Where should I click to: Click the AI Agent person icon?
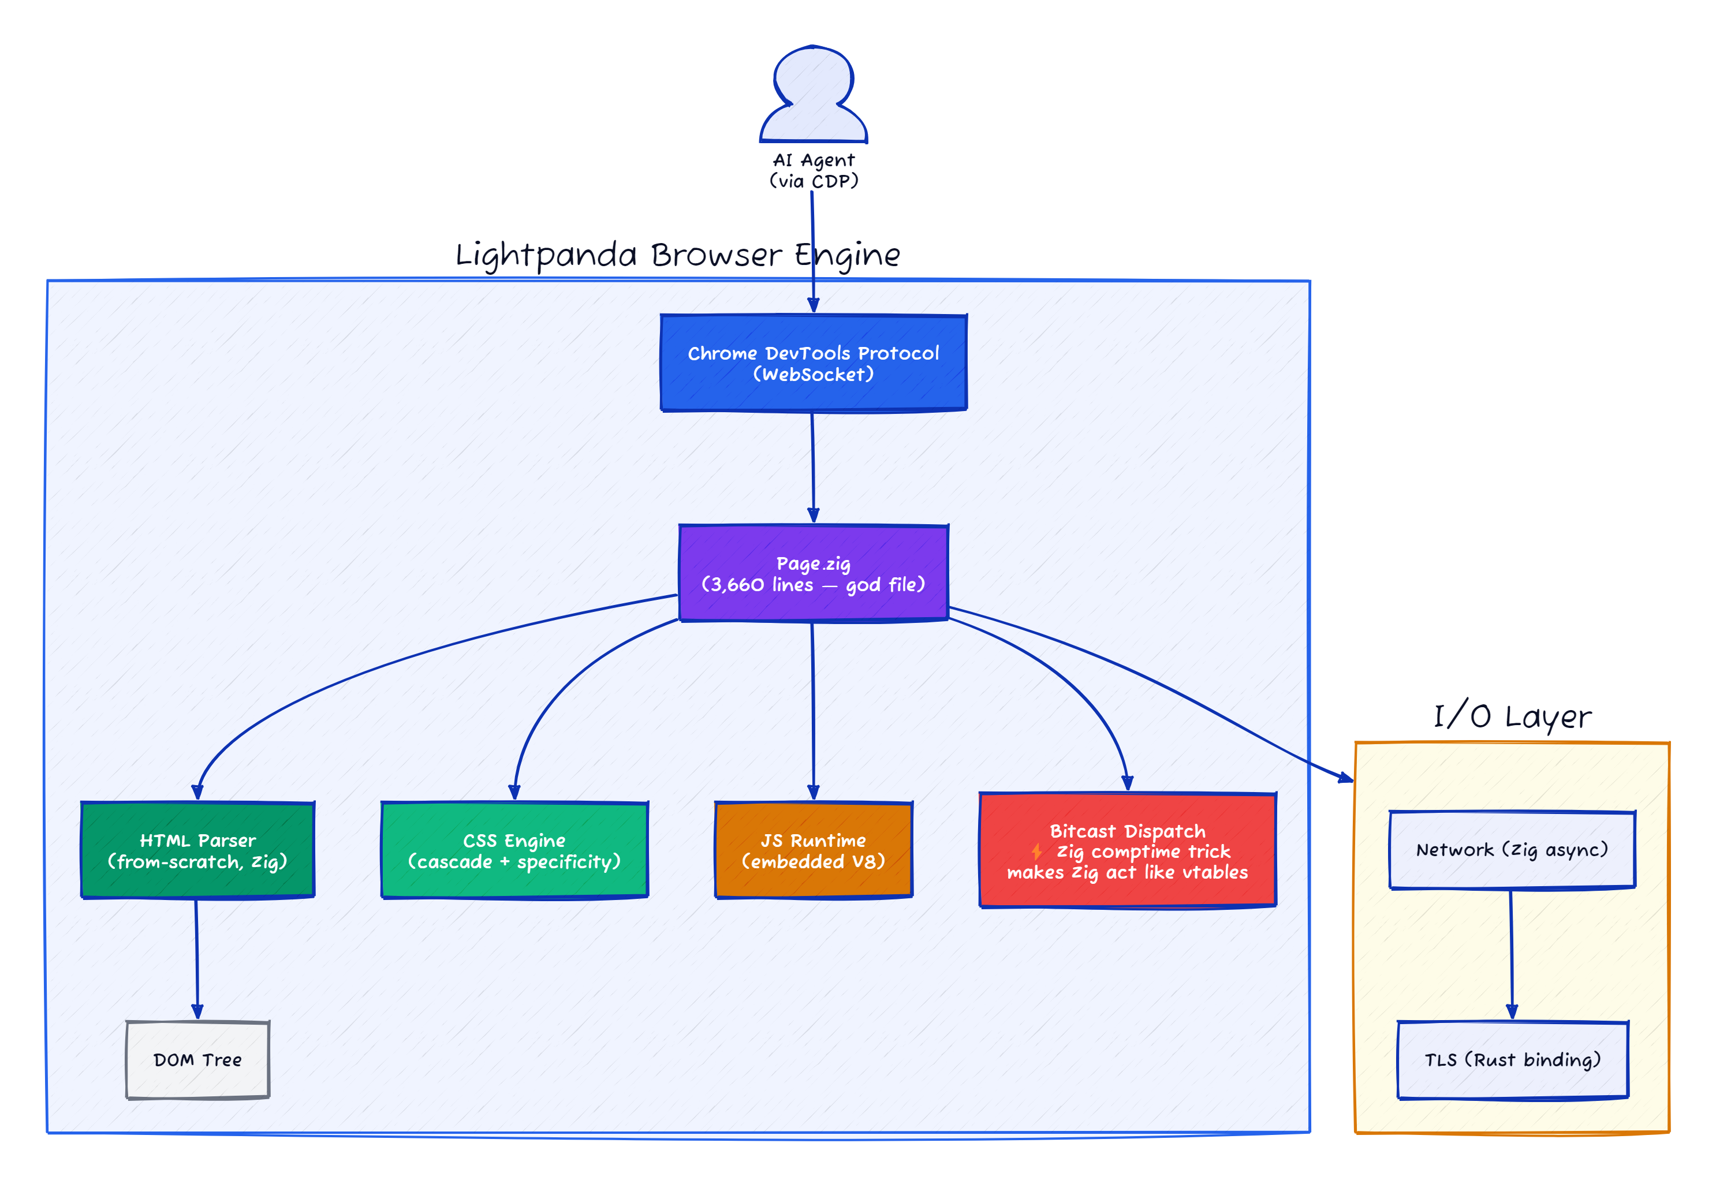814,96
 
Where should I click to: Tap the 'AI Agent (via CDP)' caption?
814,170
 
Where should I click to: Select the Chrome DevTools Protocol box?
814,363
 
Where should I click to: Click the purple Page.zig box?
814,573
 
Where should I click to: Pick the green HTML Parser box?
197,850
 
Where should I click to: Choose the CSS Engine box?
514,850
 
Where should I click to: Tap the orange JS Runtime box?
814,850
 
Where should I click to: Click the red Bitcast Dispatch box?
1128,850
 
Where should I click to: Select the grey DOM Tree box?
197,1059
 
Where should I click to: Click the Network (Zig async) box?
1512,850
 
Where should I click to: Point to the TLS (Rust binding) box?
1513,1059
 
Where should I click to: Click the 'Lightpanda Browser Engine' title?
677,255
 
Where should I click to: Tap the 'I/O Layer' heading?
1512,716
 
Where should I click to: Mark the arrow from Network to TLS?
1511,954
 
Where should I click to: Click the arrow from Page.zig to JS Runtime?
814,710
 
